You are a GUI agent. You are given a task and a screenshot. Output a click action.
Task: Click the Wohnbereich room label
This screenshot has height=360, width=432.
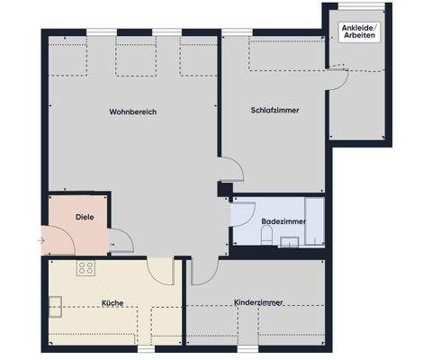132,112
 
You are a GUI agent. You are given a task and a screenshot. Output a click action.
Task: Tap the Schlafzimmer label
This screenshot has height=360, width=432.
274,110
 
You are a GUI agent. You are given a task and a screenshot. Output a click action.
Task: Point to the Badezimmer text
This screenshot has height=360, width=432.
283,220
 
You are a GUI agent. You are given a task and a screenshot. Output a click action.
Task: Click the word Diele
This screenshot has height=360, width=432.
85,217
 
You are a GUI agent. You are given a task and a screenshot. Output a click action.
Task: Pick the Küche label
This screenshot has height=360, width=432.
112,303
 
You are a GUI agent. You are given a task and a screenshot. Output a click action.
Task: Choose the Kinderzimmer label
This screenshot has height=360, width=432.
257,303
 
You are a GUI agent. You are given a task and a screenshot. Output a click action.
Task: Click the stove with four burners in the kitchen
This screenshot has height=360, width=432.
86,267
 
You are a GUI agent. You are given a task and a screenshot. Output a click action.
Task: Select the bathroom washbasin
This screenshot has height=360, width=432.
290,240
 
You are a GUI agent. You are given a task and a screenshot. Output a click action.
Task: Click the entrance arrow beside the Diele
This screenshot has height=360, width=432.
40,240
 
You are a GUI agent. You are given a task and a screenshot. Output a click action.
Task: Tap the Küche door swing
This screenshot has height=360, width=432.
160,271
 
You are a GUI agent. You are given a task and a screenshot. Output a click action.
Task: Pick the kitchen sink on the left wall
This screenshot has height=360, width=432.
55,307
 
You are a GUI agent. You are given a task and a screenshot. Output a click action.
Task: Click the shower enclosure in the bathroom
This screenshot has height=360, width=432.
314,221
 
